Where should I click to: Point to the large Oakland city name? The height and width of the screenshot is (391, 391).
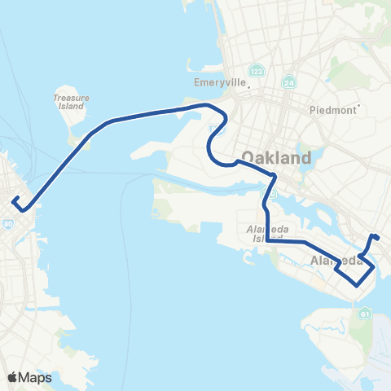277,157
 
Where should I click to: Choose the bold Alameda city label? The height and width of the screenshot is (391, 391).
336,261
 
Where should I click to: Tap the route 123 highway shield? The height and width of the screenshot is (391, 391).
256,70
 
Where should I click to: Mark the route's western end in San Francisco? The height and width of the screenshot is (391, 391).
14,198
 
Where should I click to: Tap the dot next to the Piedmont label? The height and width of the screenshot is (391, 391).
358,104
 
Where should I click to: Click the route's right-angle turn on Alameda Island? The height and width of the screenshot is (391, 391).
268,241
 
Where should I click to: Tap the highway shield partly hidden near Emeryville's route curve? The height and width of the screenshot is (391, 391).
213,130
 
